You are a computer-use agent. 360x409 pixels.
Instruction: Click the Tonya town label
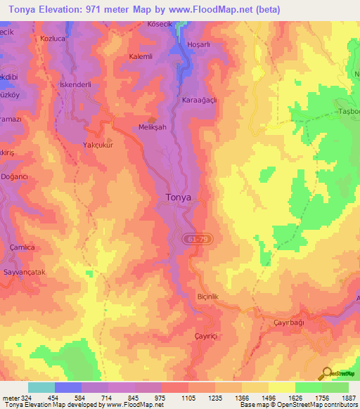[178, 197]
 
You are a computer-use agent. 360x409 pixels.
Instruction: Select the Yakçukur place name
[98, 145]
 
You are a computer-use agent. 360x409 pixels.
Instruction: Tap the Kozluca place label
[52, 37]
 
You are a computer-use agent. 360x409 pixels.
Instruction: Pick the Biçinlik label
[209, 297]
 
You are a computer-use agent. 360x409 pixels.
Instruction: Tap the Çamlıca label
[18, 247]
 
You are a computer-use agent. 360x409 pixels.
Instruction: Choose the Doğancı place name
[13, 177]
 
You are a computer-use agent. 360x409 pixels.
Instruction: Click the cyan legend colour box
[41, 387]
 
